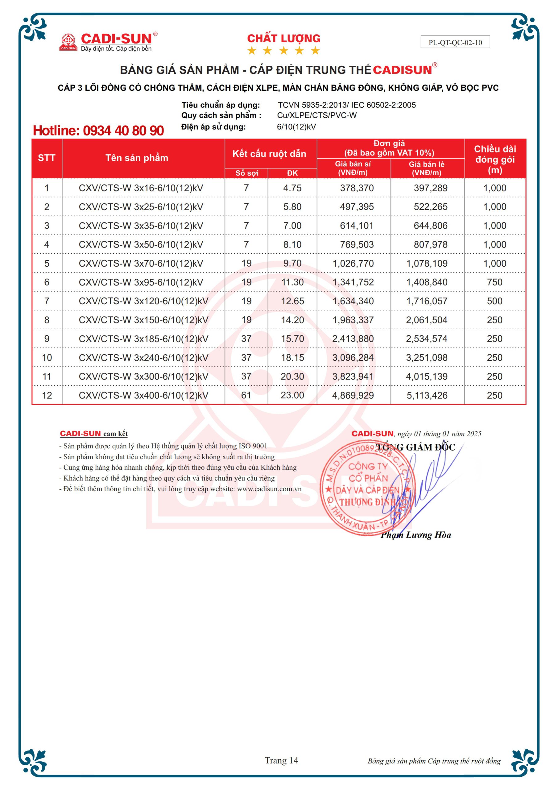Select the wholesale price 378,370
(x=357, y=188)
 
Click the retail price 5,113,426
(x=427, y=395)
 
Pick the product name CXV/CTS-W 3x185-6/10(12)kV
(x=143, y=339)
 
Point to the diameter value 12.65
(x=292, y=301)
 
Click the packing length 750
(x=495, y=282)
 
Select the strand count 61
(x=246, y=395)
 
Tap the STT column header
(x=47, y=158)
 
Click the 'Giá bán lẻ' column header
(x=427, y=168)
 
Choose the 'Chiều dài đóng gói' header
(x=495, y=159)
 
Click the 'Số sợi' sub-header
(x=247, y=173)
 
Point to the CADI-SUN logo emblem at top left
(x=68, y=42)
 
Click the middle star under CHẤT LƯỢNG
(x=283, y=51)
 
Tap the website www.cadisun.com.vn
(x=269, y=489)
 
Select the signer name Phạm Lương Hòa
(x=416, y=535)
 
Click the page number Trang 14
(x=281, y=760)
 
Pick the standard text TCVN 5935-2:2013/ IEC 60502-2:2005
(x=347, y=105)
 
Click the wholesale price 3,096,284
(x=353, y=358)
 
